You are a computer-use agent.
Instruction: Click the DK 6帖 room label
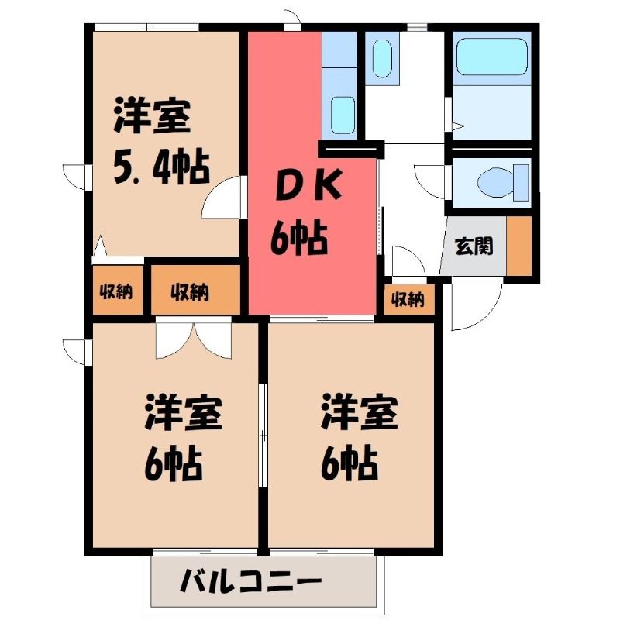(x=305, y=214)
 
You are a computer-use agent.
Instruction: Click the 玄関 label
(x=474, y=246)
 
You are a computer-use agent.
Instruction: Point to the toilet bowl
(x=502, y=182)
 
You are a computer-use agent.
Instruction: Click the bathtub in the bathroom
(x=492, y=56)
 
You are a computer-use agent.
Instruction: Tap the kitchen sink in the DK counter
(x=343, y=115)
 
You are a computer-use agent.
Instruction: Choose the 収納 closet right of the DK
(x=408, y=299)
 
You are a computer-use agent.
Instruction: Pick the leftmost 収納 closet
(x=117, y=291)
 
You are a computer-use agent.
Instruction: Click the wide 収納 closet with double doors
(x=195, y=291)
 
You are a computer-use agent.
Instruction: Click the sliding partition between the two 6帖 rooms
(x=263, y=435)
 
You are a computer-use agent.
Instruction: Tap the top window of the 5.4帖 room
(x=146, y=28)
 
